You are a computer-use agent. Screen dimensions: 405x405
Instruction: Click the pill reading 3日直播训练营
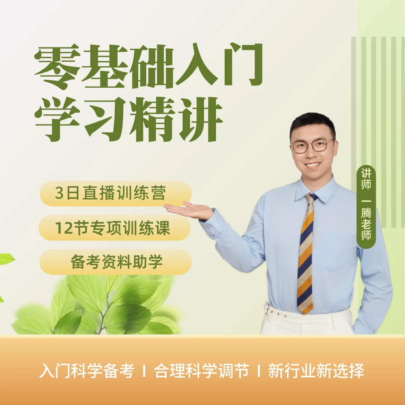(115, 193)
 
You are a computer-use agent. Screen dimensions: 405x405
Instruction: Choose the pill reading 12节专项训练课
(114, 228)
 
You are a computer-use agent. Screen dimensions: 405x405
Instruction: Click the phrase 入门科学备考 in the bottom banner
(87, 371)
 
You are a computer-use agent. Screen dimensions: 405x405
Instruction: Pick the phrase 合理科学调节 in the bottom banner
(201, 371)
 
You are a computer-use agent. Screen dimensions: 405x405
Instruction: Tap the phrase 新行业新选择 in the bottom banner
(316, 371)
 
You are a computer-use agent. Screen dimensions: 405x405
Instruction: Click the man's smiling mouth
(313, 165)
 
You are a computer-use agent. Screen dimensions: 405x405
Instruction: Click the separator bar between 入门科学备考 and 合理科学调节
(144, 372)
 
